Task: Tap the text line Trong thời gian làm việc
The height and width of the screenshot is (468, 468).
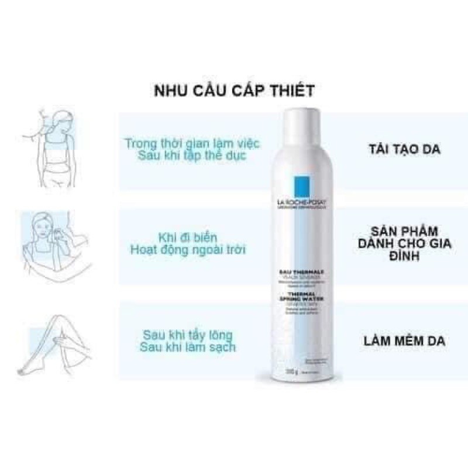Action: coord(192,143)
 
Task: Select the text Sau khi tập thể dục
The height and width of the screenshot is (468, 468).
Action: coord(192,156)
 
